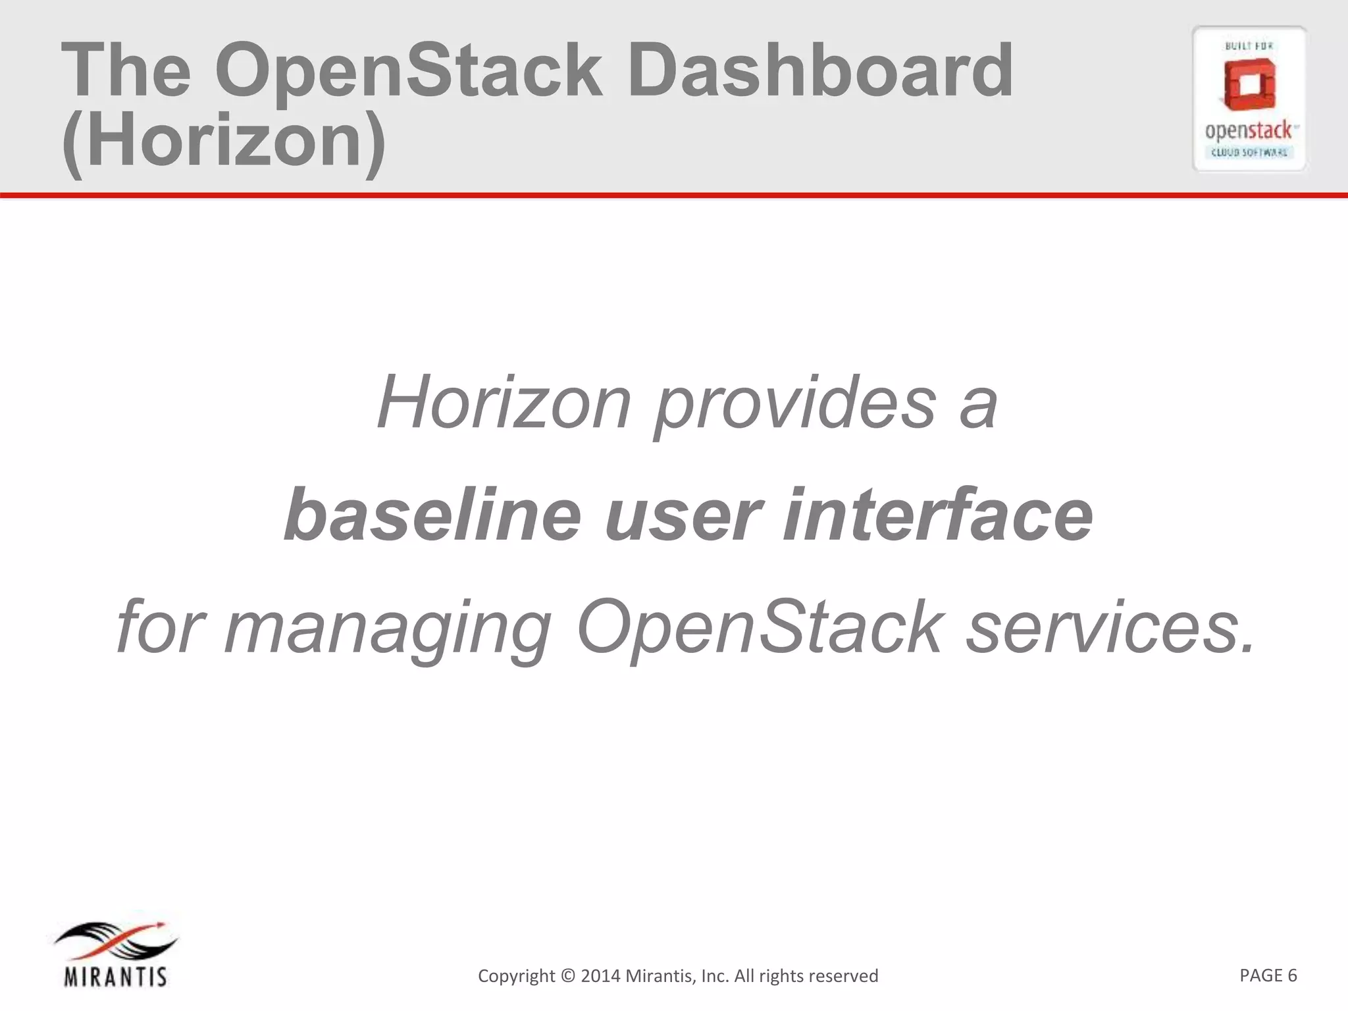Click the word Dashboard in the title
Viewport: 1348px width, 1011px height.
tap(819, 71)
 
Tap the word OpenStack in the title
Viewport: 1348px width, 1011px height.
tap(408, 71)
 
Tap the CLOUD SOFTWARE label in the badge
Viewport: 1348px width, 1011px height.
tap(1249, 153)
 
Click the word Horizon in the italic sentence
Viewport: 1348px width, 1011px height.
tap(504, 402)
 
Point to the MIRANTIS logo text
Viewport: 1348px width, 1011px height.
tap(116, 977)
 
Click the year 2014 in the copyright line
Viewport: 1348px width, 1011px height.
tap(600, 975)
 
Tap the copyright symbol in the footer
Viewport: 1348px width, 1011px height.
tap(567, 975)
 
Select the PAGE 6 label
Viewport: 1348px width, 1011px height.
tap(1268, 975)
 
